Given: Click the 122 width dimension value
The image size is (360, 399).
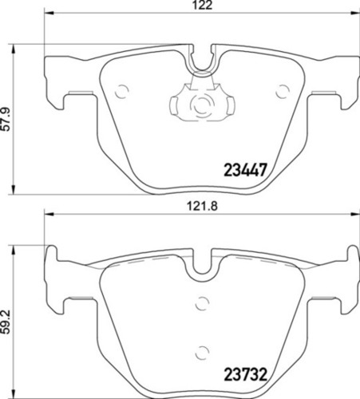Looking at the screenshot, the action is point(203,6).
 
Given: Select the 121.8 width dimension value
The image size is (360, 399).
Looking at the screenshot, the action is point(202,207).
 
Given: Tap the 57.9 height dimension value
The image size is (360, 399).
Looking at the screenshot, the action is point(6,119).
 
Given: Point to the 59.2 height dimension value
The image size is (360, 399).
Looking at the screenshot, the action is point(6,322).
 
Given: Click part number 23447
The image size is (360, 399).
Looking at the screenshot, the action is point(245,170).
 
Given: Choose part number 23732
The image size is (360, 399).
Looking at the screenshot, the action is point(245,374).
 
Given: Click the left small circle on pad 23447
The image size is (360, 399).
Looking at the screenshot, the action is point(122,92).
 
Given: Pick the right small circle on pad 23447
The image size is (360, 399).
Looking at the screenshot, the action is point(283,92).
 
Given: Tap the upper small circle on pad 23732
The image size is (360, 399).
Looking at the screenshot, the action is point(202,303).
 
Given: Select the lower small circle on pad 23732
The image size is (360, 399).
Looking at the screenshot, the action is point(202,353).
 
